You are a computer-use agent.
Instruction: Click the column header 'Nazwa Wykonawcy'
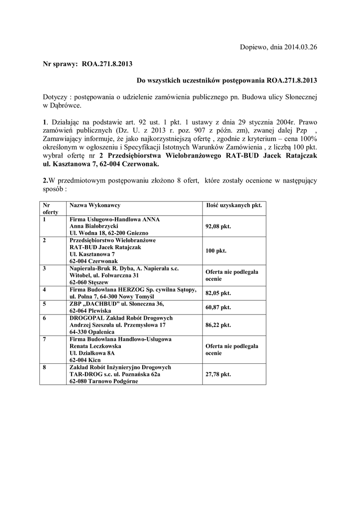(95, 205)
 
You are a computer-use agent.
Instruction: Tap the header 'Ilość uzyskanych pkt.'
(234, 205)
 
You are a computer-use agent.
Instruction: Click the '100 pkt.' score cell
(216, 251)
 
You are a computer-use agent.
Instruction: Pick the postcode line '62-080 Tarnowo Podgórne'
(103, 381)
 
